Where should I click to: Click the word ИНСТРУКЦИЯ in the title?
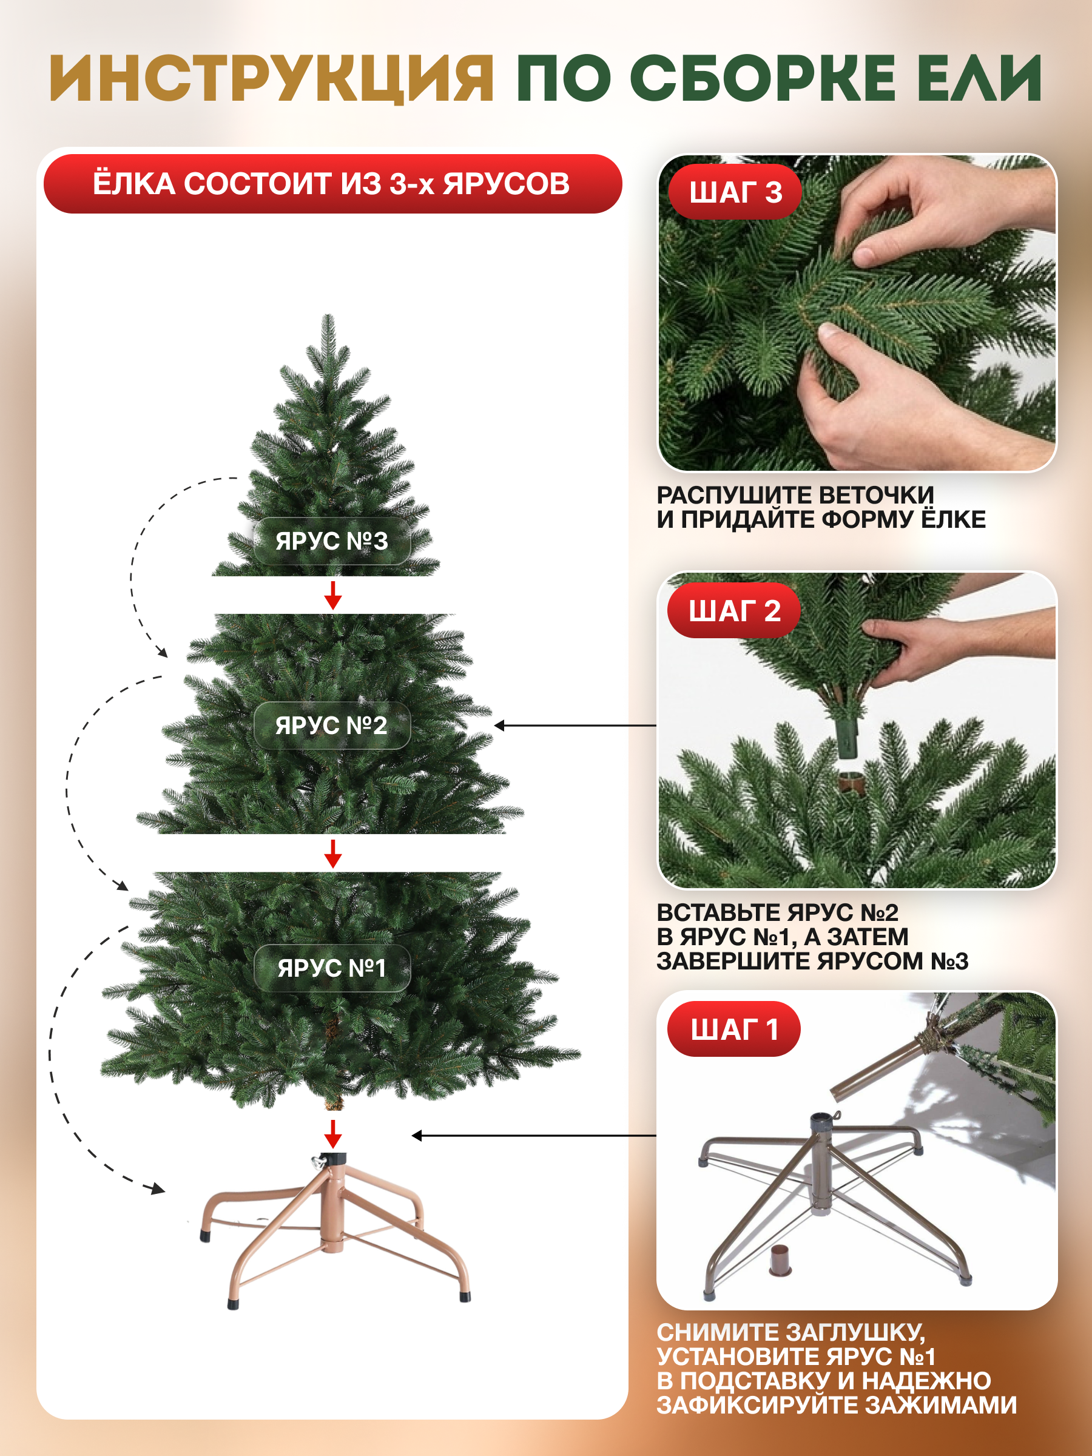pyautogui.click(x=272, y=78)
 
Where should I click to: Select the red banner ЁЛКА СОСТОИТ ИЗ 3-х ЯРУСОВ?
pyautogui.click(x=332, y=184)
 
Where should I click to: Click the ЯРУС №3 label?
pyautogui.click(x=332, y=541)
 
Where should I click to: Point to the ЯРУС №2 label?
pyautogui.click(x=332, y=726)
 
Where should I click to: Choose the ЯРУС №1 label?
pyautogui.click(x=332, y=968)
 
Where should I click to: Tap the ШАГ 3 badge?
pyautogui.click(x=735, y=192)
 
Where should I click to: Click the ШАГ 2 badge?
pyautogui.click(x=734, y=610)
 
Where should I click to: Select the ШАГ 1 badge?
pyautogui.click(x=734, y=1029)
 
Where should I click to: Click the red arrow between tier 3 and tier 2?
pyautogui.click(x=333, y=595)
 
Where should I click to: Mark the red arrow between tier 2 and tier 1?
pyautogui.click(x=333, y=853)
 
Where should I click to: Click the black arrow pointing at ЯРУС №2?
pyautogui.click(x=575, y=726)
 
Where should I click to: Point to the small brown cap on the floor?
pyautogui.click(x=780, y=1260)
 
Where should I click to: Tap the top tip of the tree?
pyautogui.click(x=328, y=315)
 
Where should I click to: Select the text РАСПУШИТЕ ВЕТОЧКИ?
pyautogui.click(x=795, y=495)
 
